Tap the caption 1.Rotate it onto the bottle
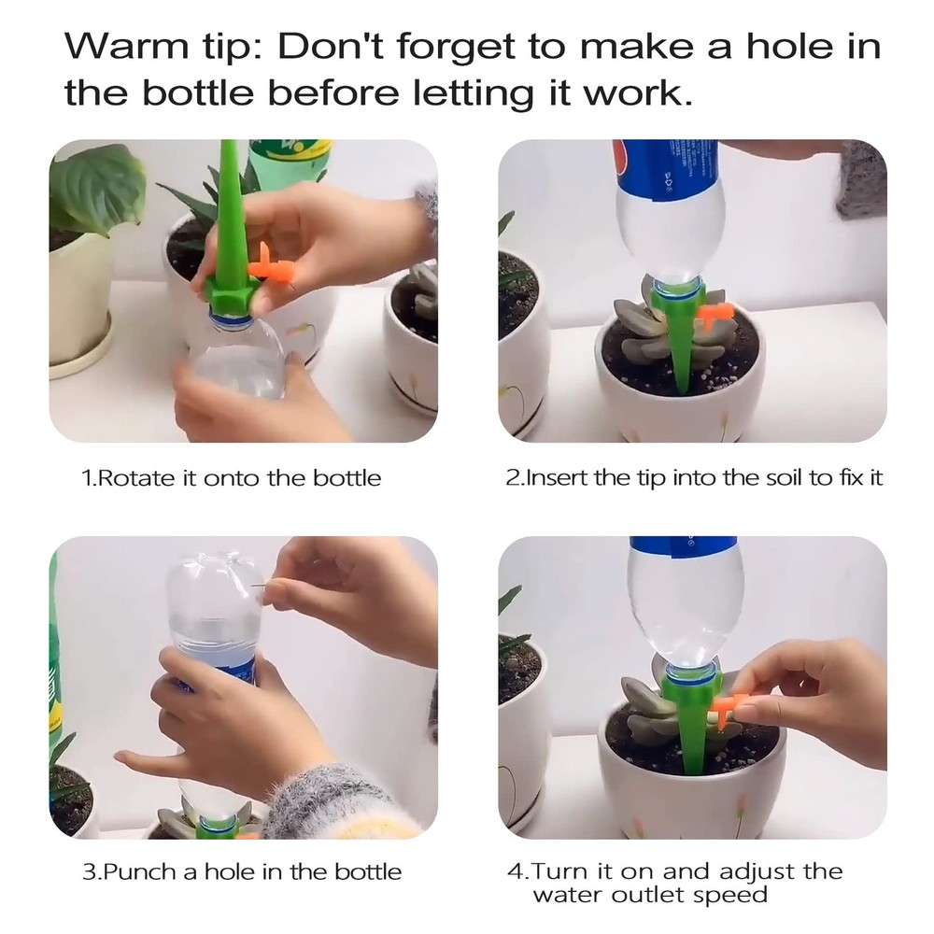click(x=232, y=478)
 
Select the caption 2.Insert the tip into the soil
click(x=694, y=478)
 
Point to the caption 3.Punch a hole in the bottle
click(x=242, y=872)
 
